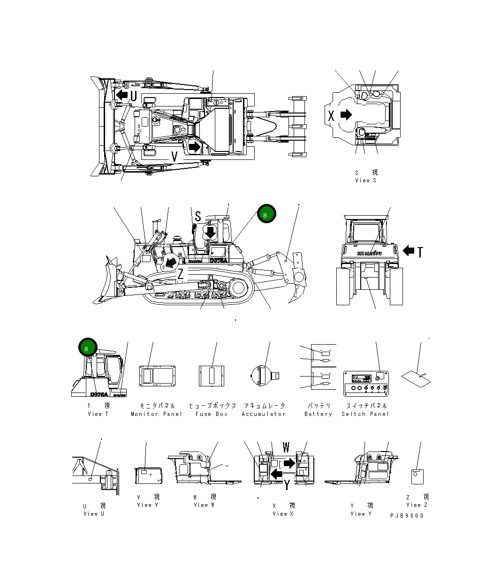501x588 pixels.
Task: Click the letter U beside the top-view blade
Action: [x=134, y=96]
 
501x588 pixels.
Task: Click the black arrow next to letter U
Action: [x=122, y=95]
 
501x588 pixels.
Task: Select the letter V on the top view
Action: [x=175, y=157]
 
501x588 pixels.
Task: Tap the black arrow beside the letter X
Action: [x=346, y=114]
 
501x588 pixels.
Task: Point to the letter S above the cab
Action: [x=198, y=217]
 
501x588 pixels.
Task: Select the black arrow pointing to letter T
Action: [x=408, y=251]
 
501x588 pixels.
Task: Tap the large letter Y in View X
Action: [x=287, y=485]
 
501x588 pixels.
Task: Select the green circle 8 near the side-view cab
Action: [x=266, y=214]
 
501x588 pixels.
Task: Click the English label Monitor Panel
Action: [x=157, y=414]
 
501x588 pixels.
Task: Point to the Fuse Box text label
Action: [x=212, y=414]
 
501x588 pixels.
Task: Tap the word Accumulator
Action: [x=264, y=414]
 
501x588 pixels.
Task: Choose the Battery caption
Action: [x=318, y=414]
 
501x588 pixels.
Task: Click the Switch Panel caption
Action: [x=365, y=414]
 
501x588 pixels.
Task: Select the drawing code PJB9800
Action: [x=407, y=515]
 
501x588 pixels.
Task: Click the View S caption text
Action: [x=365, y=181]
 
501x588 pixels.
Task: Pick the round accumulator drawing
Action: [x=264, y=376]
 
